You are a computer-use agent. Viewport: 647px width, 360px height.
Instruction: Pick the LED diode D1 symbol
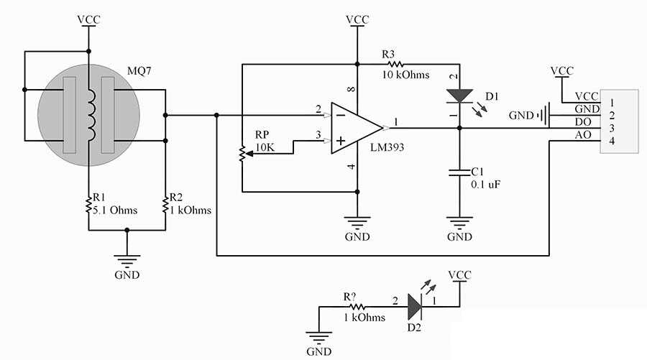pyautogui.click(x=459, y=96)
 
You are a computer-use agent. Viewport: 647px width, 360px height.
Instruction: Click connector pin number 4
pyautogui.click(x=612, y=142)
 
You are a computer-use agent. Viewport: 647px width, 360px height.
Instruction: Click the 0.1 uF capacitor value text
pyautogui.click(x=485, y=185)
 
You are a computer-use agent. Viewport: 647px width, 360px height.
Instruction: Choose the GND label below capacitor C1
pyautogui.click(x=459, y=236)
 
